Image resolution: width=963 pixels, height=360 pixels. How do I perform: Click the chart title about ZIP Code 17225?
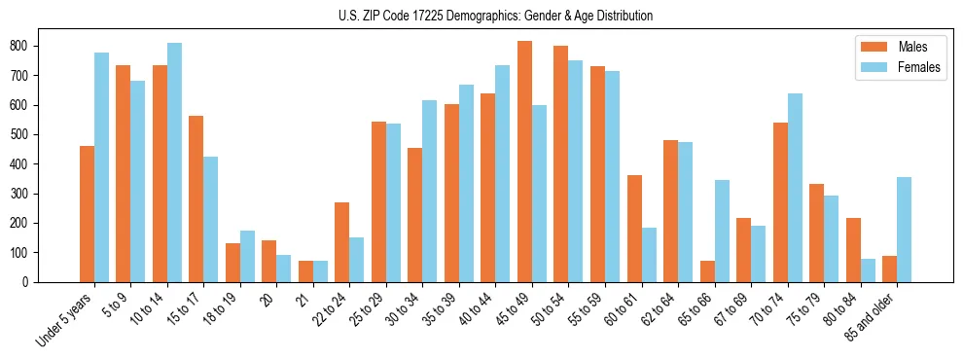click(x=481, y=17)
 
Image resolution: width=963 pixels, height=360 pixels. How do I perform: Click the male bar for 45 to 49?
click(x=524, y=162)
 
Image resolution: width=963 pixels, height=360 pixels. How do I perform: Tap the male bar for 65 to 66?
click(x=707, y=271)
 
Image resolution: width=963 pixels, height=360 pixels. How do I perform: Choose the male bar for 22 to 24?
click(x=341, y=242)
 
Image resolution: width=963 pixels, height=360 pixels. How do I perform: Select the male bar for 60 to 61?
click(x=634, y=229)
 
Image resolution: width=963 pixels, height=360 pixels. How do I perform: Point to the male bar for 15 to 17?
click(x=196, y=198)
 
